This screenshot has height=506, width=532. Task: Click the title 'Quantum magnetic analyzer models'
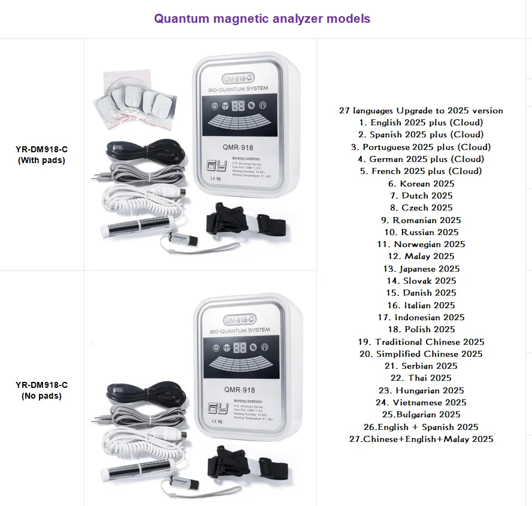262,19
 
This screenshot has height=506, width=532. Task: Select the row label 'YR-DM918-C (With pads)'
41,155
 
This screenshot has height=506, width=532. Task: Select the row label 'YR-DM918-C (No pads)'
41,390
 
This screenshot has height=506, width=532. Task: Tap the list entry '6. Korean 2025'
421,183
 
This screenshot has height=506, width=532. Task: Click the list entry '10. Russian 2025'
421,232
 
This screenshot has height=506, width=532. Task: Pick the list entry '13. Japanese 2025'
421,269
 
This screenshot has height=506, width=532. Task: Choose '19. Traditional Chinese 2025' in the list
421,342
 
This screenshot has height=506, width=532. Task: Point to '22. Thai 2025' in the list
421,378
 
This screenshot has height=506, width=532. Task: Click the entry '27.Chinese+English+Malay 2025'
421,439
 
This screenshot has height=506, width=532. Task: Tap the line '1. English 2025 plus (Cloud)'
421,122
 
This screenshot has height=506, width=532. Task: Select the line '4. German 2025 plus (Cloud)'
421,159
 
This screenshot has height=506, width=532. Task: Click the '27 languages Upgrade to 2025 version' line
421,110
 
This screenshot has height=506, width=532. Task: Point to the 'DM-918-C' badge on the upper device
240,79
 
